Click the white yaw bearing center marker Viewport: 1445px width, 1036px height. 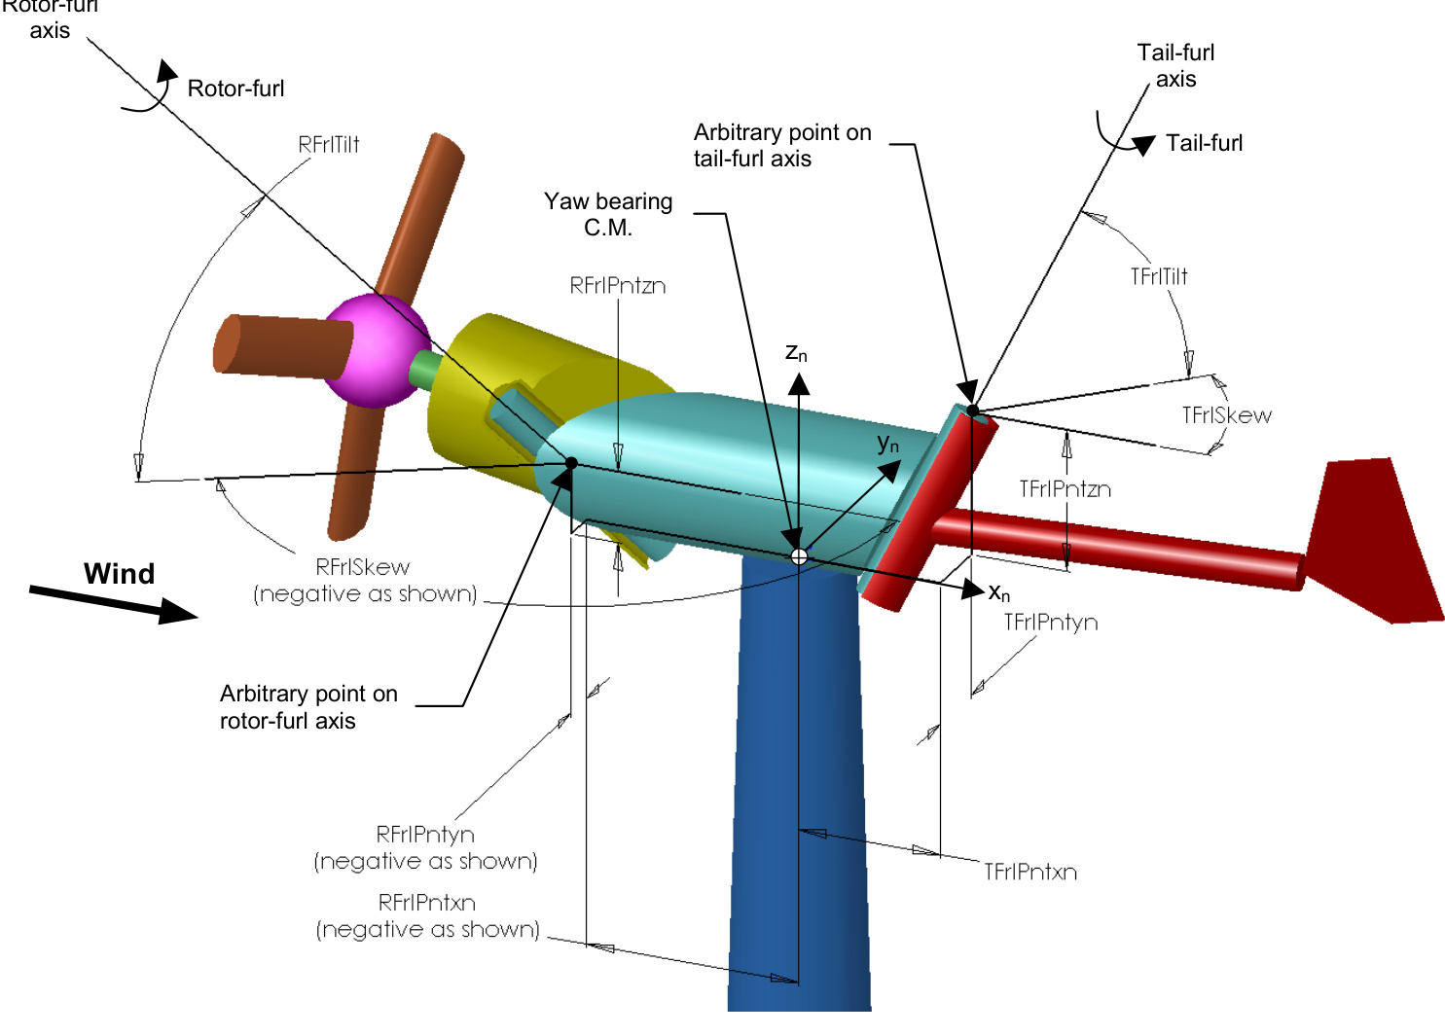(x=799, y=556)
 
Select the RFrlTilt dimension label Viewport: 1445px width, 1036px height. (x=329, y=145)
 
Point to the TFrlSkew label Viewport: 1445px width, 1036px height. (x=1226, y=415)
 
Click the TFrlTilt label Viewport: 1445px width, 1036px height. (x=1159, y=276)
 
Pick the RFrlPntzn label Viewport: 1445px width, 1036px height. (x=618, y=285)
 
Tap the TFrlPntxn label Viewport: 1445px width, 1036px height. (x=1030, y=872)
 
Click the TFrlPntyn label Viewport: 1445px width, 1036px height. (x=1051, y=623)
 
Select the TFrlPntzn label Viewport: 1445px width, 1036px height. (x=1065, y=488)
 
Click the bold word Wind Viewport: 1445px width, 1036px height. (x=119, y=574)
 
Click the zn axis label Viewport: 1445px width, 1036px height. (x=796, y=353)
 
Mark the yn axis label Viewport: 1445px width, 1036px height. (x=887, y=445)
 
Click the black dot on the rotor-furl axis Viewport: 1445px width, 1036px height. (x=571, y=463)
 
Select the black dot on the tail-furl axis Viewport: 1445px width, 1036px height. (x=972, y=411)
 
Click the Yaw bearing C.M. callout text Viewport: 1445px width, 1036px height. (x=608, y=214)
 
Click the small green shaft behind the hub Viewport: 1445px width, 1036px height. (x=425, y=370)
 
